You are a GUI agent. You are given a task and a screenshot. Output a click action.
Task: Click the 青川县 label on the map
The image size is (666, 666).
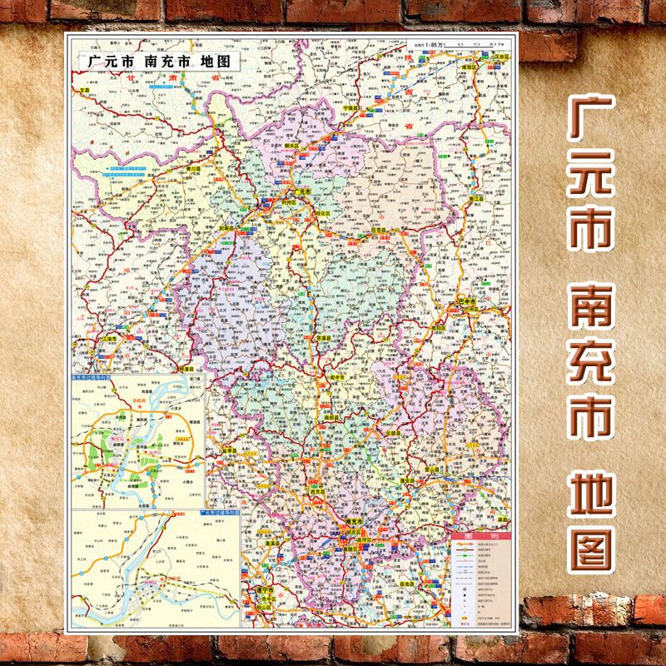pyautogui.click(x=195, y=166)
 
